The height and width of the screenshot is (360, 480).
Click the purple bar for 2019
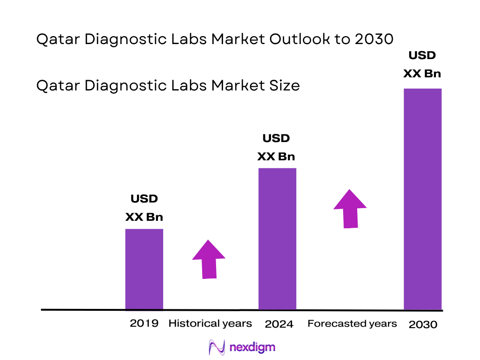(144, 269)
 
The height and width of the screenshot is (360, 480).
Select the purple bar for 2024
(277, 239)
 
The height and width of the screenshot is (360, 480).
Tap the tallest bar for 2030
(423, 199)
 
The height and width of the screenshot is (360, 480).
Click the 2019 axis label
(144, 323)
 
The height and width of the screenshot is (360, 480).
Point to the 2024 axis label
(279, 324)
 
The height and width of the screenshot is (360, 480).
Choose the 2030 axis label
(423, 324)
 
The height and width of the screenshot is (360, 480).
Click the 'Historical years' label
(210, 323)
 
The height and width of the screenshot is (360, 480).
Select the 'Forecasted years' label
(352, 323)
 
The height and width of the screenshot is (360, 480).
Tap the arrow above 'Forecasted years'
(350, 209)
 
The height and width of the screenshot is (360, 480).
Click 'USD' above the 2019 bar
(144, 199)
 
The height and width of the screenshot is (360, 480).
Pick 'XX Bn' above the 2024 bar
(276, 157)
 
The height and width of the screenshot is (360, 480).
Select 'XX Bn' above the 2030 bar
(422, 74)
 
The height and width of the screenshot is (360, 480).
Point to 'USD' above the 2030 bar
(422, 55)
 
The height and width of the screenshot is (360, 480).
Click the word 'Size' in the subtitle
(284, 85)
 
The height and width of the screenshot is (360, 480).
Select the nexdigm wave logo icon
(217, 347)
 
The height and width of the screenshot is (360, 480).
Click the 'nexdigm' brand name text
(253, 347)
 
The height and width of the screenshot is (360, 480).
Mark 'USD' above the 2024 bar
(276, 138)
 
